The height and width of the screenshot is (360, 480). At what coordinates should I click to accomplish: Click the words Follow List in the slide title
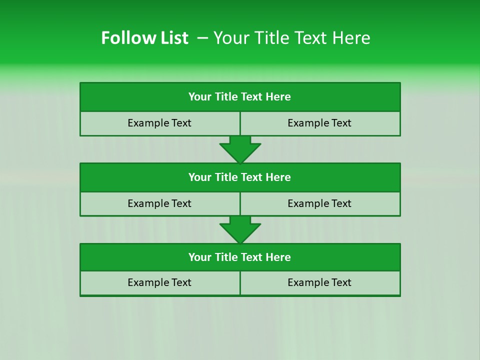tap(144, 38)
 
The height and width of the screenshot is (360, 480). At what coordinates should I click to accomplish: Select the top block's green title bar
tap(240, 97)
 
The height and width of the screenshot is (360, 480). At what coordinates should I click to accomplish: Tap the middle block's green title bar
tap(240, 177)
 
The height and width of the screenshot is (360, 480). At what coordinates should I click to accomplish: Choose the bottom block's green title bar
tap(240, 257)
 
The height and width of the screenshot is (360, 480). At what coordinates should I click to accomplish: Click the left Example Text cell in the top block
tap(159, 123)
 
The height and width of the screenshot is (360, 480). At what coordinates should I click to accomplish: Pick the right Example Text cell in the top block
tap(319, 123)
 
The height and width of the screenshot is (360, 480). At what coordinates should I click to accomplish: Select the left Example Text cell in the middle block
tap(159, 203)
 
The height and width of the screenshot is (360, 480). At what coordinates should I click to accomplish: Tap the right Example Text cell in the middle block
tap(319, 203)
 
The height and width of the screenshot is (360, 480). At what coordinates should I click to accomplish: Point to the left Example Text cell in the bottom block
tap(159, 282)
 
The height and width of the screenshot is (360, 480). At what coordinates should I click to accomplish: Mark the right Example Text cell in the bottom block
tap(319, 282)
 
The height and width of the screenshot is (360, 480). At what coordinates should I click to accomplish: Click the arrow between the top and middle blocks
tap(240, 149)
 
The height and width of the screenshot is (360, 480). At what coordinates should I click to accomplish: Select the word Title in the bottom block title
tap(226, 257)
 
